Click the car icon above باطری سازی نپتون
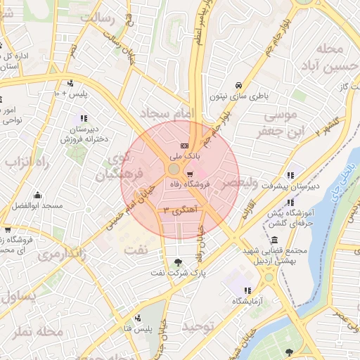coord(239,82)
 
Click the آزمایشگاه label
coord(247,301)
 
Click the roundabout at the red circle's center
coord(174,170)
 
